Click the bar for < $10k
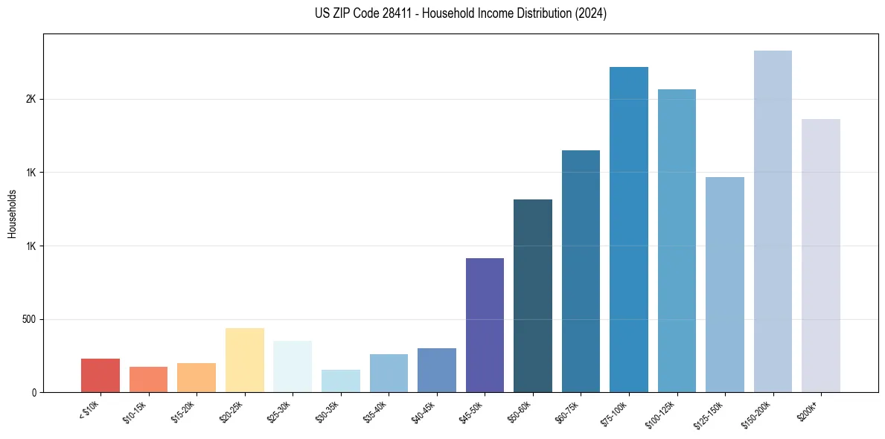point(100,376)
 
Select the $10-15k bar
point(148,379)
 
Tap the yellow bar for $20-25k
point(245,360)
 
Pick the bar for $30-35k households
point(341,381)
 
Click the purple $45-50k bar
point(485,325)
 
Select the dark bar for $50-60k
point(533,295)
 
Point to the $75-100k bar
point(629,229)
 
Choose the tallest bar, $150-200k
point(773,221)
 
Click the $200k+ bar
point(821,255)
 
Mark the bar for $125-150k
point(725,284)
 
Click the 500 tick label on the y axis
point(29,320)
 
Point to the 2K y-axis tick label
point(33,100)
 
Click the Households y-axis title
point(12,214)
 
